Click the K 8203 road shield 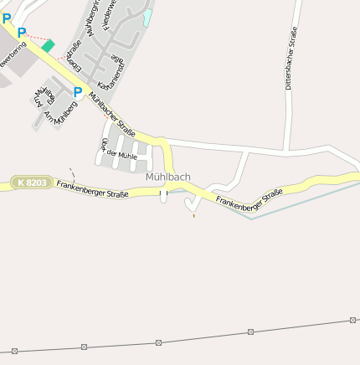[x=32, y=182]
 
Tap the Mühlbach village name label [x=168, y=177]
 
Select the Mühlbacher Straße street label [x=111, y=113]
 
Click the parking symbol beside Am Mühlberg [x=78, y=92]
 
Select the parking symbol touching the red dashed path [x=22, y=33]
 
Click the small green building [x=48, y=46]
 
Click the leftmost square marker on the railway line [x=14, y=350]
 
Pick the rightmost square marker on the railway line [x=353, y=320]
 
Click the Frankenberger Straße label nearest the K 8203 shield [x=93, y=189]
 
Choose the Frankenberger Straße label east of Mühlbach [x=249, y=198]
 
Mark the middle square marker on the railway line [x=158, y=342]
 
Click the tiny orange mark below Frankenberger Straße [x=193, y=215]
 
